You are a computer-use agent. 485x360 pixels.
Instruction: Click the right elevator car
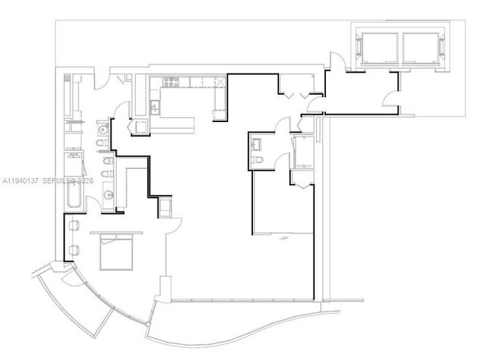click(421, 47)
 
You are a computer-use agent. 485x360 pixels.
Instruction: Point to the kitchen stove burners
click(166, 82)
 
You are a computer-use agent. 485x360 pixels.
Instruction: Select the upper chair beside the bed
click(74, 224)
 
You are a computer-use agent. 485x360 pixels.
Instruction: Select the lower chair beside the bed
click(74, 251)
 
